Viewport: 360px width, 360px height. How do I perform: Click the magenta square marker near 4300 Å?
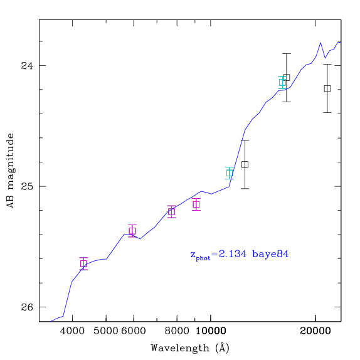click(x=84, y=263)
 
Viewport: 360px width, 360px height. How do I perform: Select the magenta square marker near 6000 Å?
click(x=132, y=231)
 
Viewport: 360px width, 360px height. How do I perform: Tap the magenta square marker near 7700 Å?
click(x=171, y=212)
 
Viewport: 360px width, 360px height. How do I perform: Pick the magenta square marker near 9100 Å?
click(x=196, y=204)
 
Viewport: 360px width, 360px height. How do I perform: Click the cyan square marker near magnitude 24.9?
click(x=230, y=173)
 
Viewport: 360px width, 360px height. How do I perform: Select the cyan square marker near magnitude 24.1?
click(x=282, y=82)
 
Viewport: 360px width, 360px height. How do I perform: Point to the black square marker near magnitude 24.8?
click(x=245, y=164)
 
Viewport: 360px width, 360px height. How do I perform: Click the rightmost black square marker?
click(x=327, y=88)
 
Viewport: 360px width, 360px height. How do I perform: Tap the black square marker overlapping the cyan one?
click(x=287, y=78)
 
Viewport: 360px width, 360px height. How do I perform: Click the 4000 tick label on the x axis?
click(x=72, y=331)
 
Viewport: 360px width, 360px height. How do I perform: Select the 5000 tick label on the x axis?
click(x=106, y=331)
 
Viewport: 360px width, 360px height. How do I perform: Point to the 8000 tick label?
click(x=177, y=331)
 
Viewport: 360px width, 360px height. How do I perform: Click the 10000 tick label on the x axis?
click(x=211, y=331)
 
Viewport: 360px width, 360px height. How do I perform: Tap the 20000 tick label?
click(x=315, y=331)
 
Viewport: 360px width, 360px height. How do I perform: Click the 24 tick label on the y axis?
click(x=27, y=66)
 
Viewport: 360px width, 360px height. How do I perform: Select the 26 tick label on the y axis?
click(x=27, y=307)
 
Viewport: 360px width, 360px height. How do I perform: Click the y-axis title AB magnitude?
click(x=11, y=171)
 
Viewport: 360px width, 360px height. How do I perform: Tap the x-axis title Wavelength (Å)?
click(x=190, y=348)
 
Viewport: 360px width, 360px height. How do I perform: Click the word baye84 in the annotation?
click(x=270, y=254)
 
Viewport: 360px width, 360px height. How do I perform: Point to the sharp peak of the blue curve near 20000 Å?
click(x=320, y=43)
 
